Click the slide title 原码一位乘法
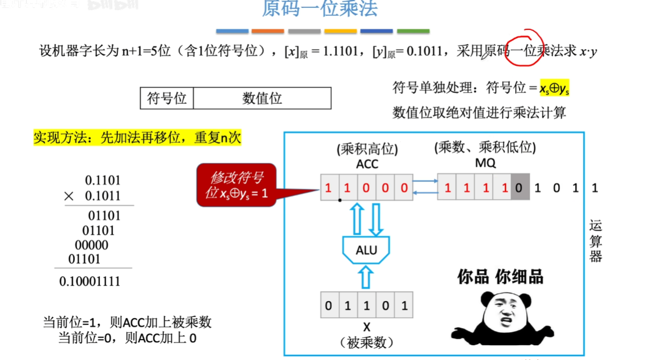[319, 9]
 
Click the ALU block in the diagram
[366, 250]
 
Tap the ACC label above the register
[366, 164]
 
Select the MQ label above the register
[485, 163]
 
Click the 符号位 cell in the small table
[167, 98]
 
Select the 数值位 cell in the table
[262, 98]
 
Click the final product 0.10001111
[90, 281]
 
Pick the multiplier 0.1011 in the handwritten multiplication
[102, 196]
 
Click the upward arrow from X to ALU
[366, 277]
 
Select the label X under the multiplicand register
[366, 327]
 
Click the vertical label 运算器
[595, 241]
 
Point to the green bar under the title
[413, 31]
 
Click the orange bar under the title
[268, 31]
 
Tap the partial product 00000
[91, 245]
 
